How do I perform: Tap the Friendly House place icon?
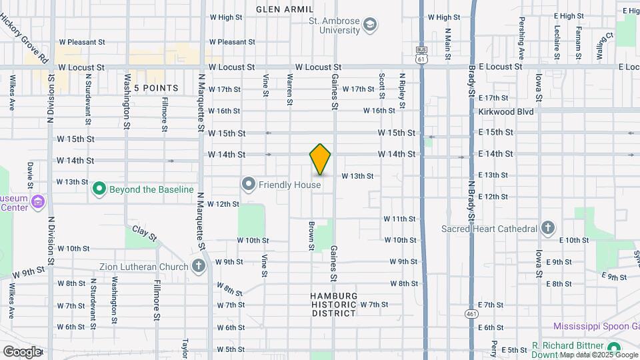(x=249, y=183)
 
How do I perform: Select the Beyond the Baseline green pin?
(x=99, y=189)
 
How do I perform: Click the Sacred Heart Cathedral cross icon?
(x=547, y=229)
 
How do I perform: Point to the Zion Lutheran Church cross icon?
(x=198, y=266)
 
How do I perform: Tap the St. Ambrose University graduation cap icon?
(x=370, y=26)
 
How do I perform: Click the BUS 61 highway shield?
(x=421, y=55)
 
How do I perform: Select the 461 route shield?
(x=471, y=312)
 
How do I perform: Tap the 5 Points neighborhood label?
(x=156, y=88)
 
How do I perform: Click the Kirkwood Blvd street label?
(x=506, y=111)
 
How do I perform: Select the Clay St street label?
(x=143, y=233)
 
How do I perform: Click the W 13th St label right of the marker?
(x=357, y=176)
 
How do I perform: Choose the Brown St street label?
(x=311, y=237)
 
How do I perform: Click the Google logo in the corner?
(x=21, y=351)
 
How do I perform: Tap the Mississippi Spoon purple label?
(x=596, y=326)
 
